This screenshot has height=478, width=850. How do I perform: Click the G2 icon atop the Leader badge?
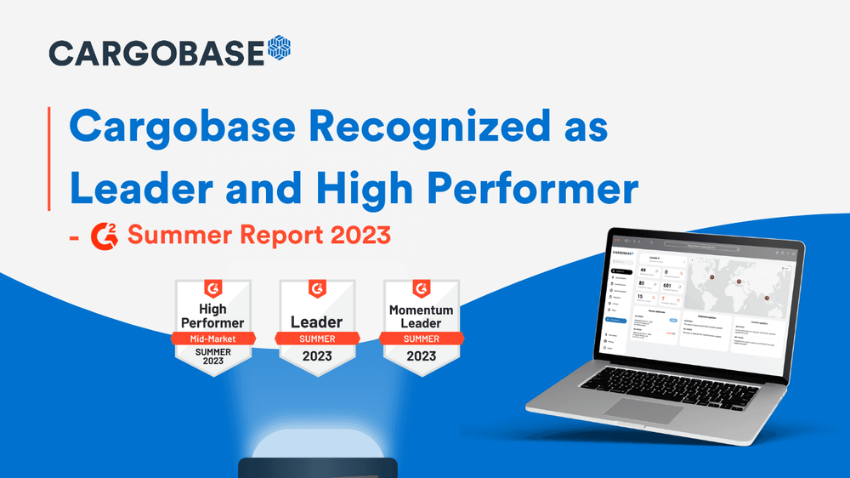pyautogui.click(x=316, y=290)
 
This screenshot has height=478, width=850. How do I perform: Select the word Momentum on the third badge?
pyautogui.click(x=421, y=310)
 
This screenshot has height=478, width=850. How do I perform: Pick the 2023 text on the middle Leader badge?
pyautogui.click(x=316, y=356)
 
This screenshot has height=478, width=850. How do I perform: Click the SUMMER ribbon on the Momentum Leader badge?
pyautogui.click(x=421, y=339)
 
